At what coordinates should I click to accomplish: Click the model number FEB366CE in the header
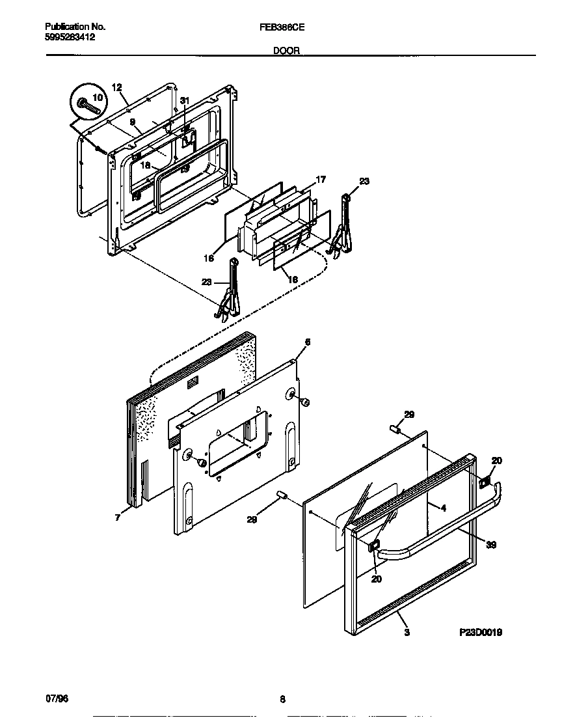287,27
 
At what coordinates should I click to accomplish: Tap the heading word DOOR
287,50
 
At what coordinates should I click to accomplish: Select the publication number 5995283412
70,37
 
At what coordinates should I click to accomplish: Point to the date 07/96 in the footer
57,698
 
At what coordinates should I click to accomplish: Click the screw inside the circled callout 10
87,105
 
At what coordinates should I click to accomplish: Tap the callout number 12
117,87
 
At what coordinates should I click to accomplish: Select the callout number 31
185,100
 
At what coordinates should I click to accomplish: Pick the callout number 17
321,179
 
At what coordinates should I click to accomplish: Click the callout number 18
146,166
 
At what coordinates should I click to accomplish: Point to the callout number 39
491,545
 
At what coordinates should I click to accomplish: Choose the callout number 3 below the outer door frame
407,631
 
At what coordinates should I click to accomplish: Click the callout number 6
308,342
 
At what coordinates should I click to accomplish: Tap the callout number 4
443,508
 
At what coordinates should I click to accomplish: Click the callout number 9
131,122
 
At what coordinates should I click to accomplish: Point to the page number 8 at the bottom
282,699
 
